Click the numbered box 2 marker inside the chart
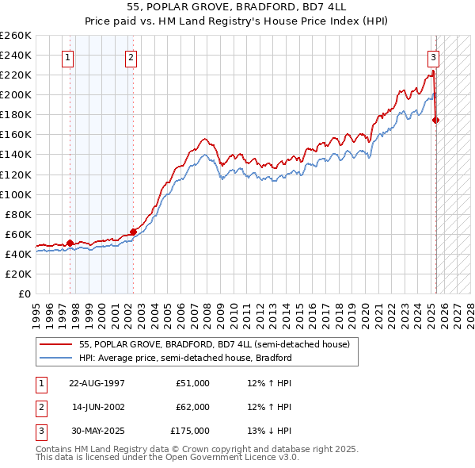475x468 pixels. (x=131, y=57)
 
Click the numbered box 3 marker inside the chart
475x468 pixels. (x=434, y=57)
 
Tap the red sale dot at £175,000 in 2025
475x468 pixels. (x=436, y=120)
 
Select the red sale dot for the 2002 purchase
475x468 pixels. (x=133, y=232)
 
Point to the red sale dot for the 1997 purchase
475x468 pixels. (x=70, y=243)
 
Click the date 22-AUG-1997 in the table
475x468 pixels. (x=97, y=383)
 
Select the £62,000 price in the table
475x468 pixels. (x=192, y=407)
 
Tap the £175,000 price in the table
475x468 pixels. (x=190, y=431)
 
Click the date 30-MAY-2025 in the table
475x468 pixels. (x=97, y=431)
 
